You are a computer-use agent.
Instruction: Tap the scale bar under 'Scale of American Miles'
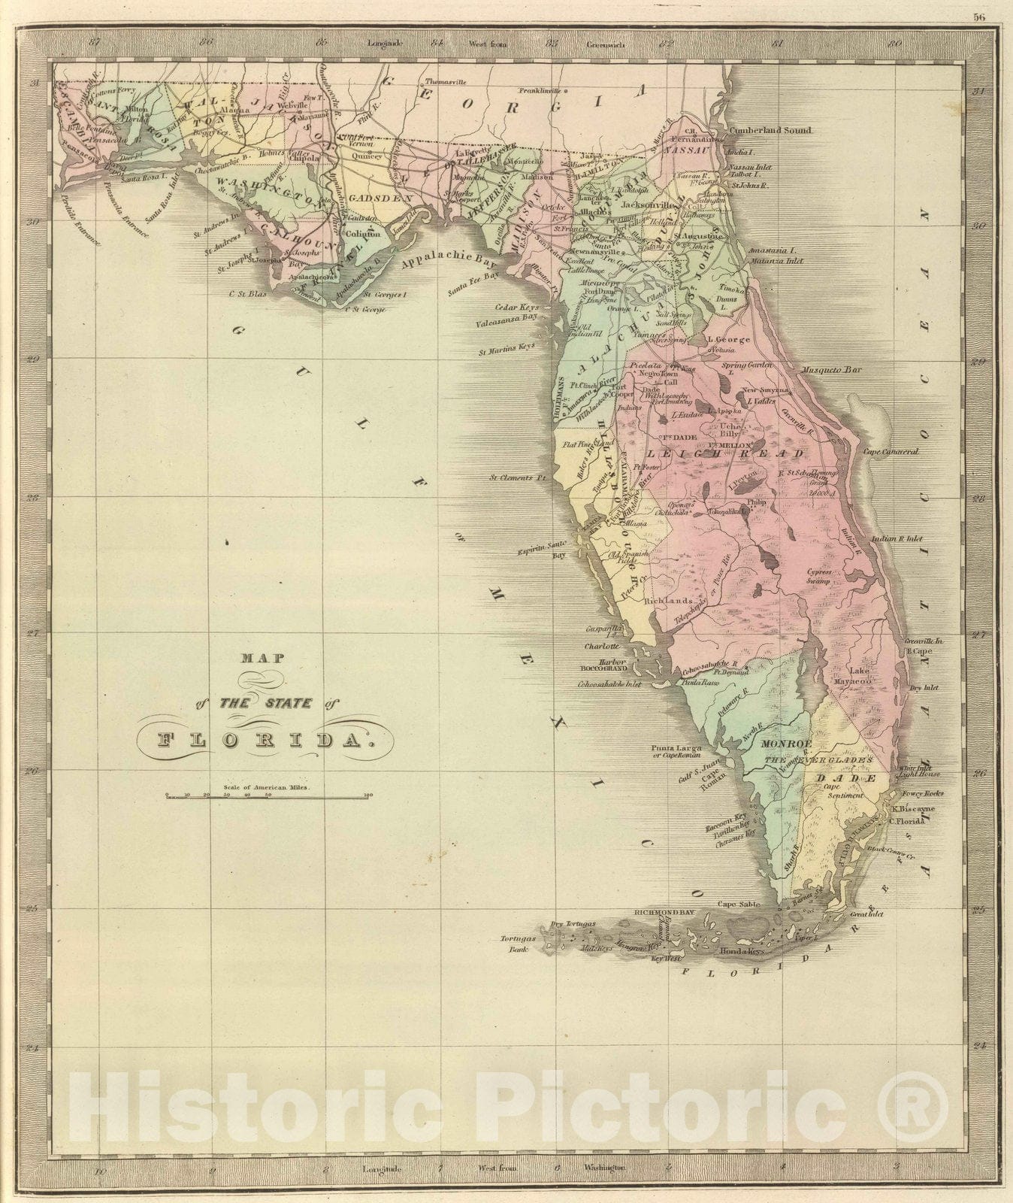coord(268,795)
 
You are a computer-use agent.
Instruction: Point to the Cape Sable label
coord(736,905)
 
